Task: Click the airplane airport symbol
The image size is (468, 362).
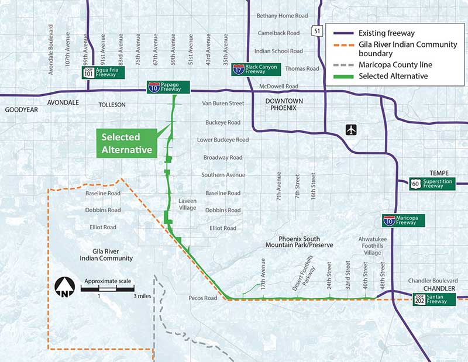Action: tap(350, 129)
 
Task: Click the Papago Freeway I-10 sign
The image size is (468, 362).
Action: tap(168, 87)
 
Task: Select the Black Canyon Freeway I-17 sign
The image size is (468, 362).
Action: tap(257, 69)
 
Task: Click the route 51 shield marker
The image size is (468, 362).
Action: tap(316, 30)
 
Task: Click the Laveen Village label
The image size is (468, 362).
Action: tap(188, 204)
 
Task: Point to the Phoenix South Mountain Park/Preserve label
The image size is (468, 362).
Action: tap(299, 242)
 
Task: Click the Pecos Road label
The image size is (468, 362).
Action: tap(202, 298)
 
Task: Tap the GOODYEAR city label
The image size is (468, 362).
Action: tap(21, 109)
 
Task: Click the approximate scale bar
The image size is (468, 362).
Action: tap(108, 288)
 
